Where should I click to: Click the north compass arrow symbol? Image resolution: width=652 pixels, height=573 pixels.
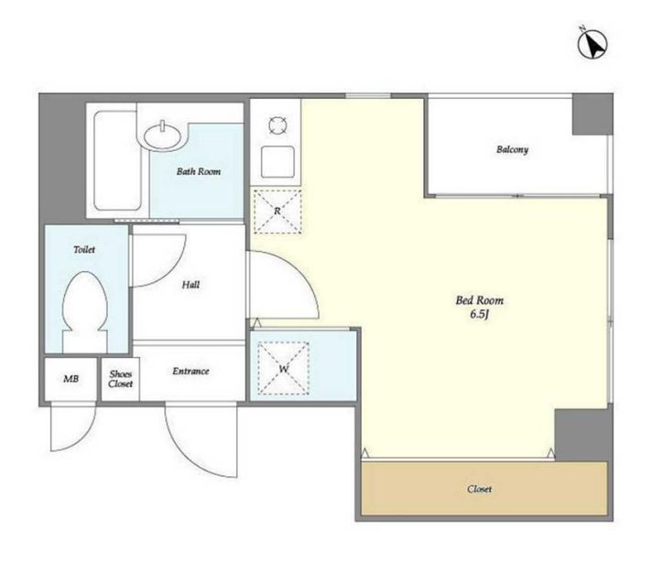[x=592, y=43]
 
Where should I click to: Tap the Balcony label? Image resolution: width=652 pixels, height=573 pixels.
[x=512, y=149]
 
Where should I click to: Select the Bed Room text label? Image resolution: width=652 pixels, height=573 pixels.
[x=480, y=300]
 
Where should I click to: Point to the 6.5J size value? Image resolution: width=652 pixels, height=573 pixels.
[x=479, y=314]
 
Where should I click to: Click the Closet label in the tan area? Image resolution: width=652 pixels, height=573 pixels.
[x=480, y=489]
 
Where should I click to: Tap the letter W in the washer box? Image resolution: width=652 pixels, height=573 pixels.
[x=284, y=369]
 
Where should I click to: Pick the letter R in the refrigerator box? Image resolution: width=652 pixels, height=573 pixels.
[x=277, y=211]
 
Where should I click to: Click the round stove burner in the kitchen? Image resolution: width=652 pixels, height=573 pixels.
[x=277, y=125]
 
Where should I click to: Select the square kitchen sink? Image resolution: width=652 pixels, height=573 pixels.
[x=277, y=162]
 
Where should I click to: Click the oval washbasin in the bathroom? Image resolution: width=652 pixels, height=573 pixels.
[x=163, y=135]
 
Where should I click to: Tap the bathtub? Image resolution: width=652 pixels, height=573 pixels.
[x=117, y=160]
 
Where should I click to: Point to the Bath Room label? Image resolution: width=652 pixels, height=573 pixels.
[x=199, y=171]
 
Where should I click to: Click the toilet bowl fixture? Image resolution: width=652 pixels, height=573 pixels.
[x=85, y=311]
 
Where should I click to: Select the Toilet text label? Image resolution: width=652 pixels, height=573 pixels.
[x=84, y=249]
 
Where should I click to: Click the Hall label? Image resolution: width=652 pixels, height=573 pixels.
[x=190, y=285]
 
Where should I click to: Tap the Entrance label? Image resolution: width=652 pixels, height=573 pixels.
[x=190, y=371]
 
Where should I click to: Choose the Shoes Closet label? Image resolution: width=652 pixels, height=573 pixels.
[x=121, y=379]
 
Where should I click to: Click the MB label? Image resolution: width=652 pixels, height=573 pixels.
[x=71, y=379]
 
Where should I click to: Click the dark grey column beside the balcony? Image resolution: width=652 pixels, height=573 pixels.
[x=592, y=114]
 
